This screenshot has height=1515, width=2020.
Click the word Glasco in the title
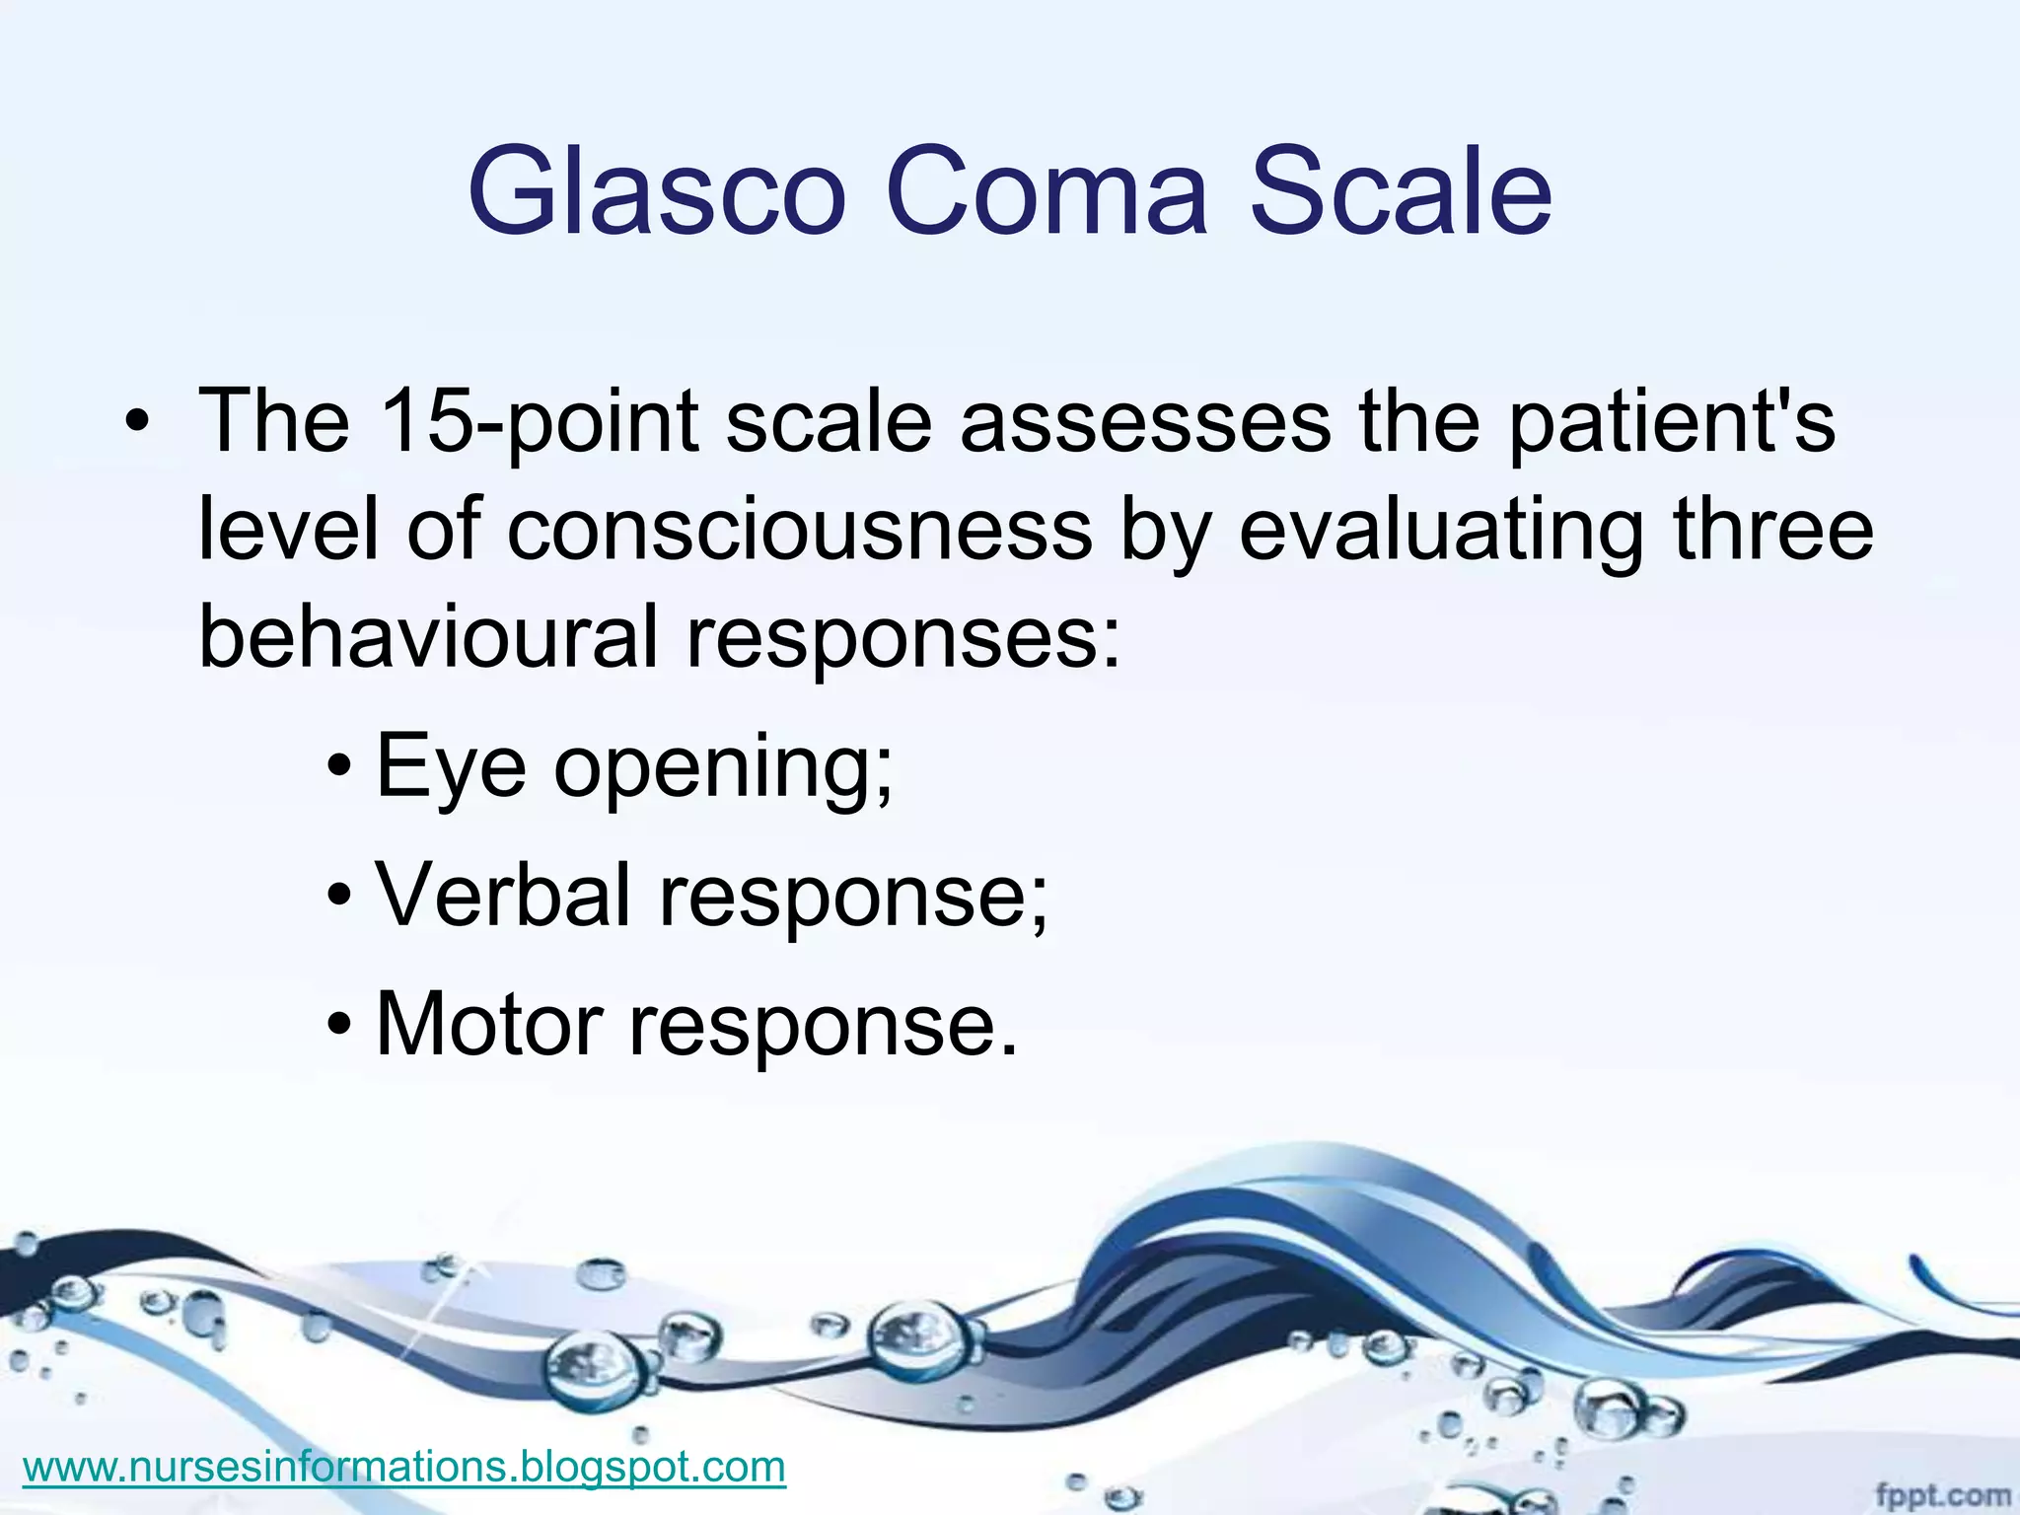[x=657, y=192]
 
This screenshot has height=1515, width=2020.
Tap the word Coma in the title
[x=1046, y=192]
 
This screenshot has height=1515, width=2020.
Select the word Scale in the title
[x=1401, y=192]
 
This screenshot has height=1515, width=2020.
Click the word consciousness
[x=799, y=531]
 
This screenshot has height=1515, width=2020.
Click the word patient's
[x=1672, y=422]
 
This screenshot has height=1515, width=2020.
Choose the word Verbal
[x=503, y=896]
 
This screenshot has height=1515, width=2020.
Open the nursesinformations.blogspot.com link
[x=403, y=1467]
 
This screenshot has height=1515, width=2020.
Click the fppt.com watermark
[x=1942, y=1494]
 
